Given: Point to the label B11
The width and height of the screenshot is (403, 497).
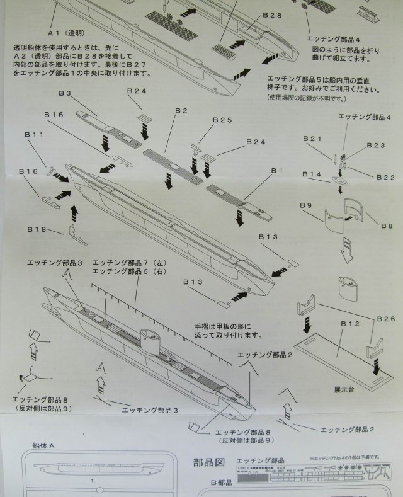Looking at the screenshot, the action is click(35, 135).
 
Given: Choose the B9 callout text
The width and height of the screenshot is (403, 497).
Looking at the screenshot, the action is click(306, 205).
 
